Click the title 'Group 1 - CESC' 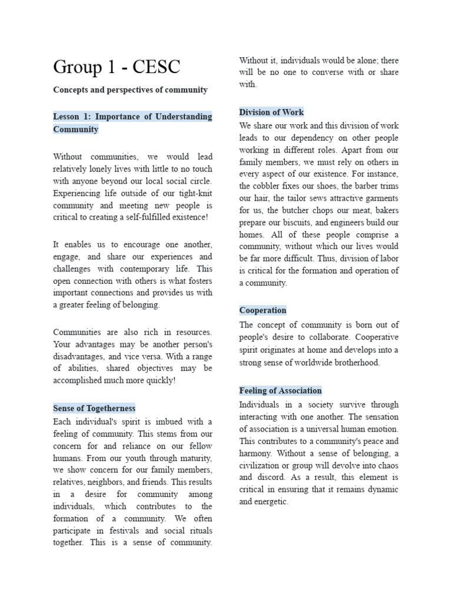tap(117, 67)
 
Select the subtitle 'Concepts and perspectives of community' tap(130, 90)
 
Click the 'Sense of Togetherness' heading tap(94, 408)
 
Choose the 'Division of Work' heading tap(271, 112)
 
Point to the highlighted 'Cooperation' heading tap(262, 310)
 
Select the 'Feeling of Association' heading tap(280, 390)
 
